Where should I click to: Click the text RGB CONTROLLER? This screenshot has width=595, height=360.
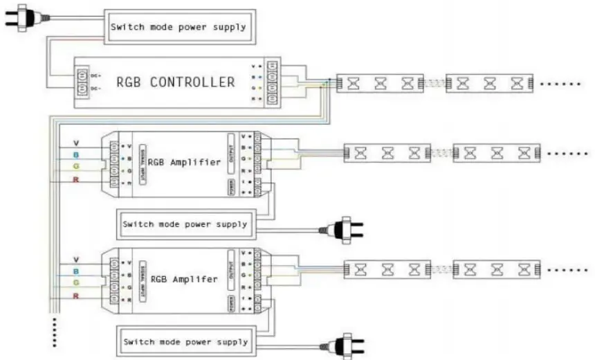pyautogui.click(x=175, y=82)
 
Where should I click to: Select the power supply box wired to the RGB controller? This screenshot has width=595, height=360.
pyautogui.click(x=178, y=27)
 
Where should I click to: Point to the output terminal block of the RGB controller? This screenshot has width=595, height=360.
pyautogui.click(x=274, y=82)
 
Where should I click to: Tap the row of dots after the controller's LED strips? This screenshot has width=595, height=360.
pyautogui.click(x=560, y=84)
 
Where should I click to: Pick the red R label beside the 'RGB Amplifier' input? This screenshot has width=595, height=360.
pyautogui.click(x=76, y=181)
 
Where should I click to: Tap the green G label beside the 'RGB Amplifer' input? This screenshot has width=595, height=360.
pyautogui.click(x=76, y=282)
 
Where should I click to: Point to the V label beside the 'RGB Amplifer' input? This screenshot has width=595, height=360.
pyautogui.click(x=76, y=259)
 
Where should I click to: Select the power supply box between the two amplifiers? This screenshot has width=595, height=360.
pyautogui.click(x=185, y=224)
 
